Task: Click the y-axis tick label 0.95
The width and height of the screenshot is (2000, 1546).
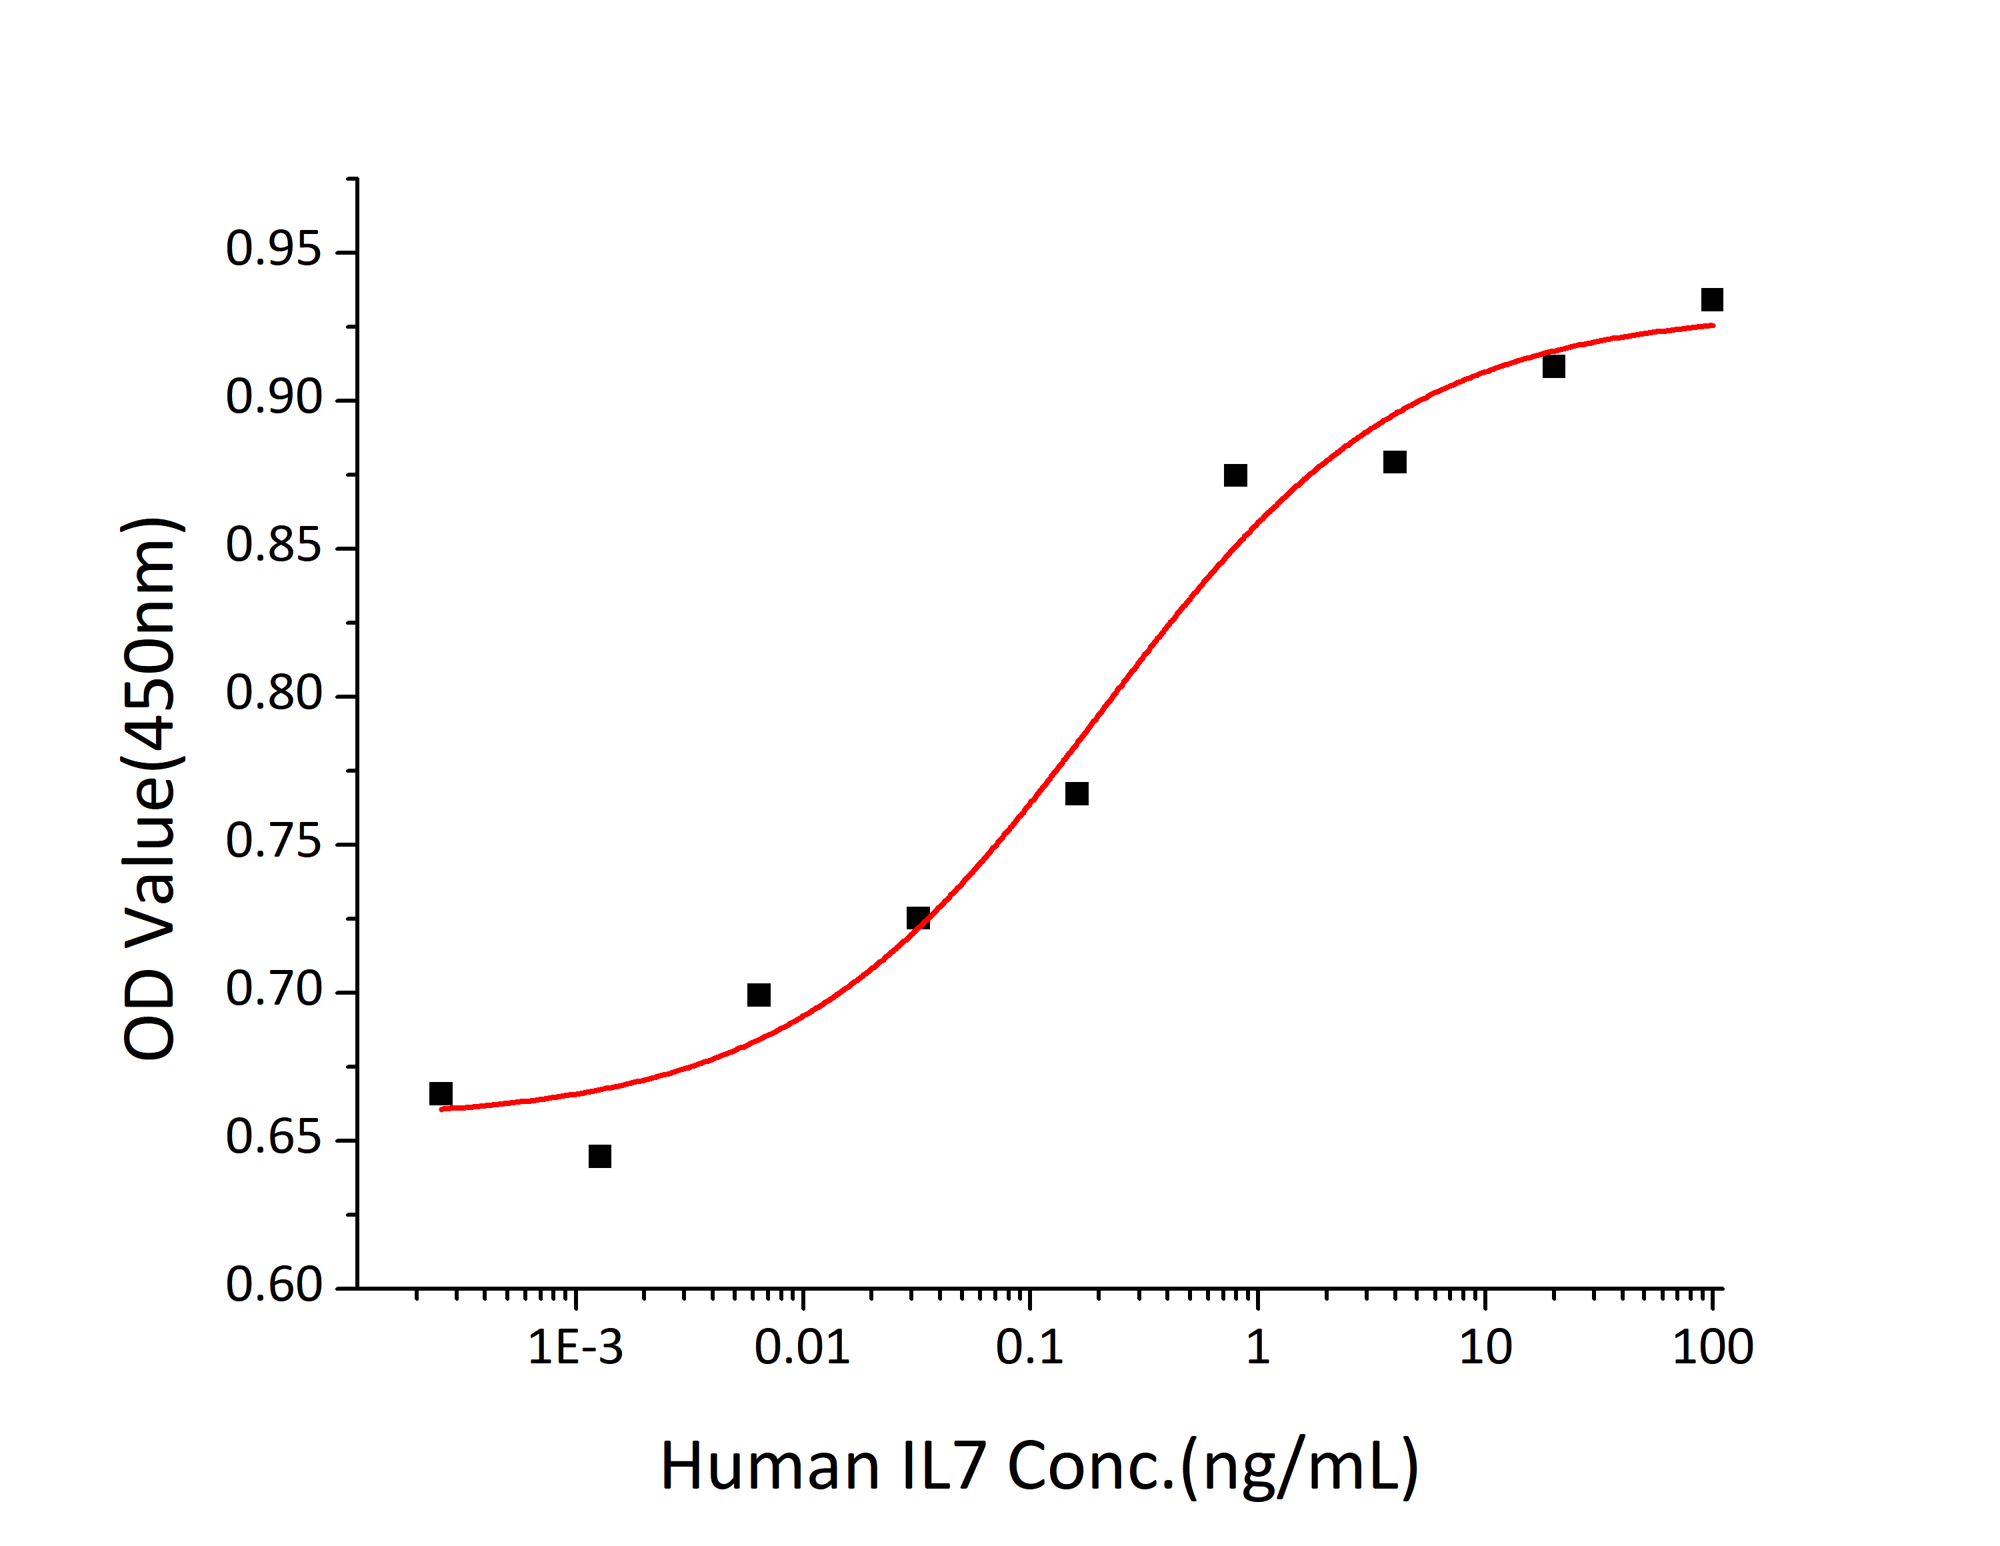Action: tap(273, 249)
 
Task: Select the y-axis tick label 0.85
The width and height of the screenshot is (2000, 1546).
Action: tap(273, 546)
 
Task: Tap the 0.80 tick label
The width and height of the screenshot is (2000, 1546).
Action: tap(273, 693)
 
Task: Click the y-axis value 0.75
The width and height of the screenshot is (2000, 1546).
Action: tap(273, 842)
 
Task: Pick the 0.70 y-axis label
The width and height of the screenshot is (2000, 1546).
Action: tap(273, 990)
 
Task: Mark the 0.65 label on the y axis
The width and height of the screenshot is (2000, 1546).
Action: tap(273, 1139)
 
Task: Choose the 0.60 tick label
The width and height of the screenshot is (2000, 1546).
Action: tap(273, 1286)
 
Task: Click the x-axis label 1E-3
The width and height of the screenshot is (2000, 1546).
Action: tap(575, 1348)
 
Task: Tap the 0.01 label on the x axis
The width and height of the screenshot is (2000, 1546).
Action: tap(802, 1348)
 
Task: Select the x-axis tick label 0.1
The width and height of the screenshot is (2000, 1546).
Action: tap(1029, 1348)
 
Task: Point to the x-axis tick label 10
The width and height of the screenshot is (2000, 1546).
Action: tap(1485, 1348)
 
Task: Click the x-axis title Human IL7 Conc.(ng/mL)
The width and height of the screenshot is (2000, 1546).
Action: tap(1039, 1467)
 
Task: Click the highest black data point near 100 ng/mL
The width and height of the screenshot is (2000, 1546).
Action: tap(1711, 299)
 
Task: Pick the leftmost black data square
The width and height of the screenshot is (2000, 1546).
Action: tap(441, 1093)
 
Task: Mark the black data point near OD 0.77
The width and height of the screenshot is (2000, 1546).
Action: tap(1077, 793)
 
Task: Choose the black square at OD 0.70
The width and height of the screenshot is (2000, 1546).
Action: tap(758, 995)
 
